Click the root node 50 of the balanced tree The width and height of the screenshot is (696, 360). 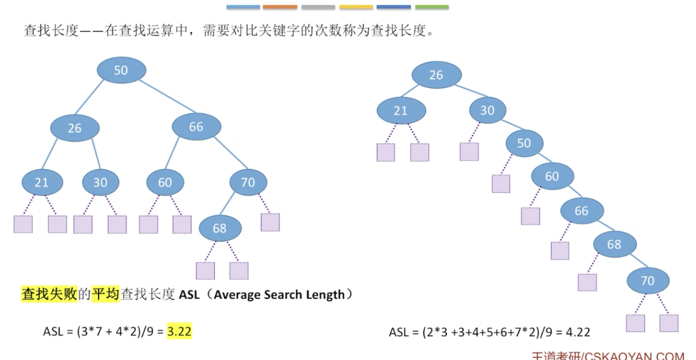tap(121, 70)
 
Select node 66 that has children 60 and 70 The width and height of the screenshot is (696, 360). tap(196, 127)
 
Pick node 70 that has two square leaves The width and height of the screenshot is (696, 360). tap(648, 281)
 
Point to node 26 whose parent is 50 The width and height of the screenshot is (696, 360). tap(74, 128)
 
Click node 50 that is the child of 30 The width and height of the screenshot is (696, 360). tap(524, 143)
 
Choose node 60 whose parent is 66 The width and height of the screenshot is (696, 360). tap(165, 182)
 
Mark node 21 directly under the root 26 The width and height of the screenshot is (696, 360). tap(401, 111)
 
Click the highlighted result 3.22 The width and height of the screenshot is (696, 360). tap(180, 332)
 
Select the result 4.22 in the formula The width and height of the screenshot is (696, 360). tap(578, 332)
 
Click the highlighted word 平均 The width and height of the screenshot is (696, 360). tap(106, 294)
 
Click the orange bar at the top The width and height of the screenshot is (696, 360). tap(280, 7)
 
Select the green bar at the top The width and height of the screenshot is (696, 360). tap(432, 7)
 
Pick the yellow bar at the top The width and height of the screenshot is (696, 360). tap(356, 7)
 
